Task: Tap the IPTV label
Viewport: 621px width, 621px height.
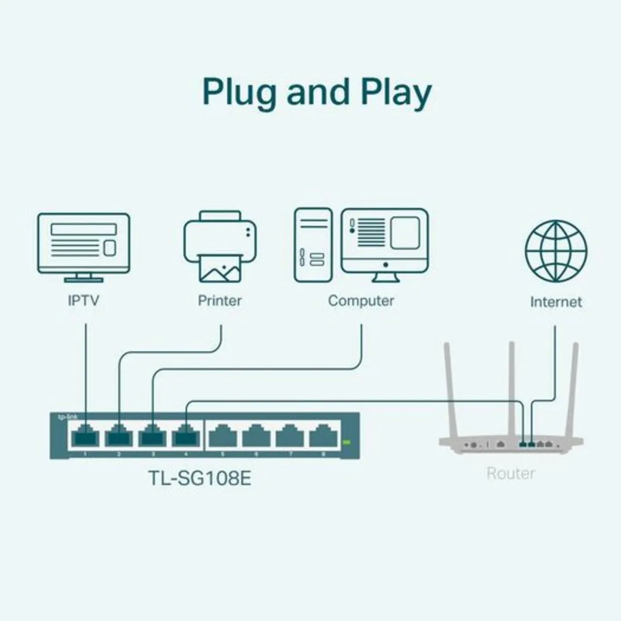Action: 83,301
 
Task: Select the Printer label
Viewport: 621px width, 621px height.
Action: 219,301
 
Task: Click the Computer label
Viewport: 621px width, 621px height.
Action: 361,301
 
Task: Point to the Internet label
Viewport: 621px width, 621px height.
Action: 556,302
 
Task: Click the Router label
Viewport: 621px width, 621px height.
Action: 510,473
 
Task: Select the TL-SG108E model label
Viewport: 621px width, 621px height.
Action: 200,478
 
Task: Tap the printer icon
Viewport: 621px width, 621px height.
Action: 220,246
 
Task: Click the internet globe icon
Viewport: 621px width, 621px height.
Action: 556,251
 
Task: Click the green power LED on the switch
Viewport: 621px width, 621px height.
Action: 346,442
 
